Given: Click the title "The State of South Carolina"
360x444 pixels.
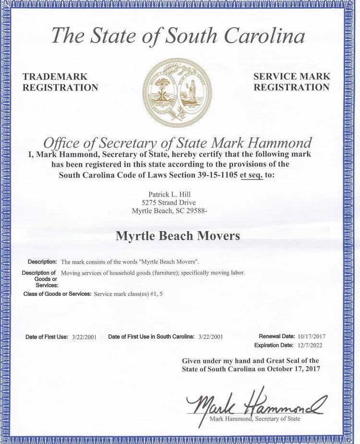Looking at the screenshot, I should (x=178, y=37).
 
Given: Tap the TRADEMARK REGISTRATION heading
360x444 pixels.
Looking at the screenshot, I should (x=60, y=82).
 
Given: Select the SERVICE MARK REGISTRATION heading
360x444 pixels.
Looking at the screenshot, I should (x=292, y=82).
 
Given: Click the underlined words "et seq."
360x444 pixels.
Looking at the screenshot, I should (x=251, y=175).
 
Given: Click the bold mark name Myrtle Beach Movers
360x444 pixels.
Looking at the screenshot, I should (x=178, y=236).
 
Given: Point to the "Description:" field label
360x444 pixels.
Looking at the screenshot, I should (x=42, y=262).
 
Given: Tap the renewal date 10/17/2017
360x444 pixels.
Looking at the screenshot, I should (x=311, y=336).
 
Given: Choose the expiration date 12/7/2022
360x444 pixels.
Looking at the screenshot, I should (x=311, y=345).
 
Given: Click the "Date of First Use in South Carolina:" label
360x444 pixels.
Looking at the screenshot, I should (x=151, y=337).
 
